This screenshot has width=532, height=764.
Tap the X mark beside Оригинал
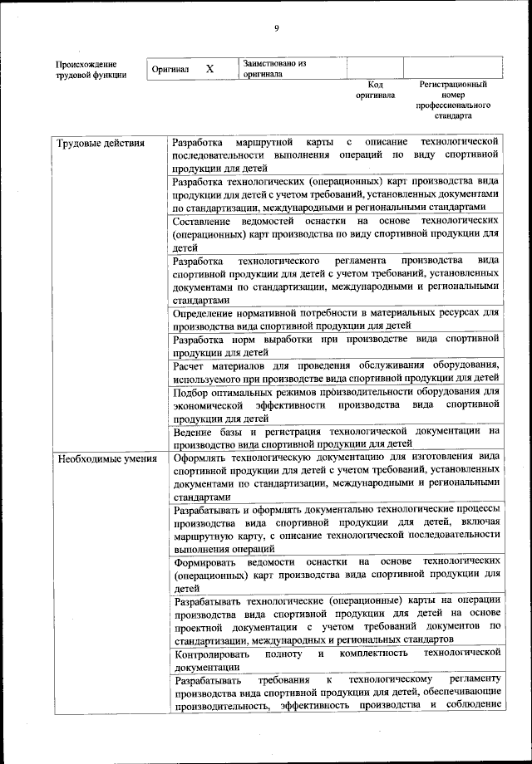point(209,69)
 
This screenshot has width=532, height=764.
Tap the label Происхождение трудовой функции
point(91,69)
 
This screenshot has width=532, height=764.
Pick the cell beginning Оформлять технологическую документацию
point(336,477)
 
